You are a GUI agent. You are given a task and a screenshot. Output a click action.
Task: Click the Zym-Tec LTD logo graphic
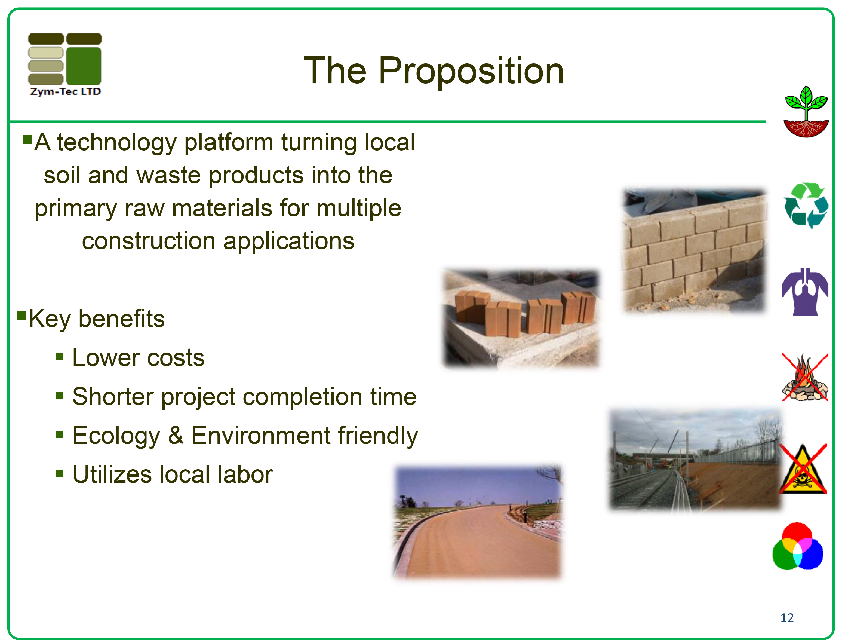click(x=65, y=64)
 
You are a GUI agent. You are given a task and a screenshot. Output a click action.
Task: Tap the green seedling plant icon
click(x=806, y=111)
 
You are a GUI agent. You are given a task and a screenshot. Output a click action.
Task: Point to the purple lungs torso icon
click(x=805, y=292)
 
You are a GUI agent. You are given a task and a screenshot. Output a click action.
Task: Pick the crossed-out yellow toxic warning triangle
click(x=803, y=469)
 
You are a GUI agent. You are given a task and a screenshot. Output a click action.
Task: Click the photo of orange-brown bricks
click(x=522, y=319)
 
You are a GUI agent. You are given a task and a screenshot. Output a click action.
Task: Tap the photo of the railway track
click(x=696, y=460)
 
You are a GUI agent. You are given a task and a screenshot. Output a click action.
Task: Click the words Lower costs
click(x=139, y=358)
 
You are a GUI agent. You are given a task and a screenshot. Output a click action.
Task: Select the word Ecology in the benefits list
click(x=116, y=436)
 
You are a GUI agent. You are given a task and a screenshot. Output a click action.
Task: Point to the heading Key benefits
click(x=97, y=319)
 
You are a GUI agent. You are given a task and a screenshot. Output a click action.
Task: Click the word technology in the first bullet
click(x=117, y=143)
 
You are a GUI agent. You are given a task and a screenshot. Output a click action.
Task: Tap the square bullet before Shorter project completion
click(x=59, y=396)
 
